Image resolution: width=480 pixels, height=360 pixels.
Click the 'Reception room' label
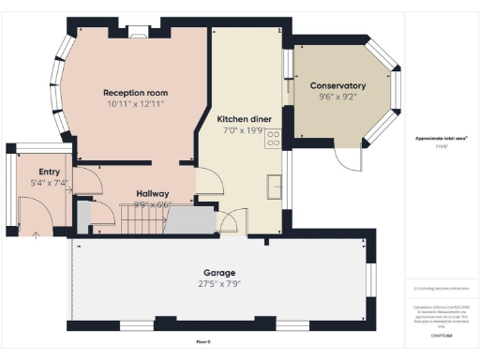pos(136,93)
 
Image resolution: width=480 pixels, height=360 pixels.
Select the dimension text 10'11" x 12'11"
pos(136,104)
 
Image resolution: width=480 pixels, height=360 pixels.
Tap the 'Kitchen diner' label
pos(245,120)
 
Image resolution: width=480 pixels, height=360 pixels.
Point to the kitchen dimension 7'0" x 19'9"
pos(245,131)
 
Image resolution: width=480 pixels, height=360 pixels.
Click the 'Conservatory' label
pos(337,86)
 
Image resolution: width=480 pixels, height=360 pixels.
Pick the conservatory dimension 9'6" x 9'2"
pos(337,97)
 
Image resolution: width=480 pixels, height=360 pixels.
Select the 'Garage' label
pos(220,273)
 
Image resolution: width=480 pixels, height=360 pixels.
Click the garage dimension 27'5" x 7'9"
pos(220,283)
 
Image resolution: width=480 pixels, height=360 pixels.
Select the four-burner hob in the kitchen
pos(274,139)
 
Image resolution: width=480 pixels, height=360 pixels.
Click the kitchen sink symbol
pos(275,184)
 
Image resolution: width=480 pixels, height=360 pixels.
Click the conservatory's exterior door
pos(348,159)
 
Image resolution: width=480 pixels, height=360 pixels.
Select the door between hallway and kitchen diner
pos(208,180)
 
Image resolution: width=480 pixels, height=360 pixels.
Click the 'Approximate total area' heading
pos(442,138)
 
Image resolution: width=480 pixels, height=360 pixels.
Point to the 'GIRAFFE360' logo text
pos(442,335)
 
